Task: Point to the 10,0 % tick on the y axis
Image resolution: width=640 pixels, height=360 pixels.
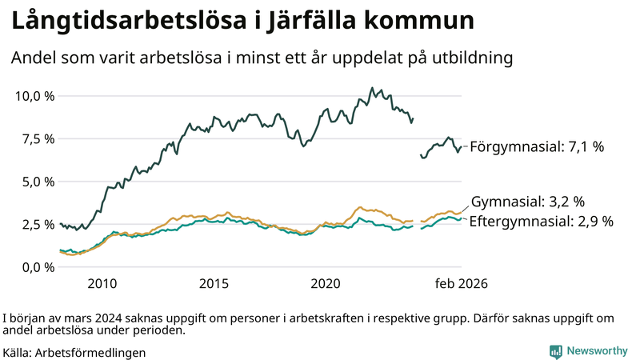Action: (35, 96)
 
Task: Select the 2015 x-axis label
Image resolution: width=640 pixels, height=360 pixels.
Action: (214, 284)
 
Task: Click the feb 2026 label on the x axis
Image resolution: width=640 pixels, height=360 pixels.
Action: (461, 284)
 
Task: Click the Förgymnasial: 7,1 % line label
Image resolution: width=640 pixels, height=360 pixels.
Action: (536, 147)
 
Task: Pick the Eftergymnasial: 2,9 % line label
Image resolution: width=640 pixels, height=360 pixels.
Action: (541, 222)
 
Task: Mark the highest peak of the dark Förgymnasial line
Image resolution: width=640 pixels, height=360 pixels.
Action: (372, 88)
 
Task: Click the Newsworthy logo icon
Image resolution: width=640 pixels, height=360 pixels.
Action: (555, 351)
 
